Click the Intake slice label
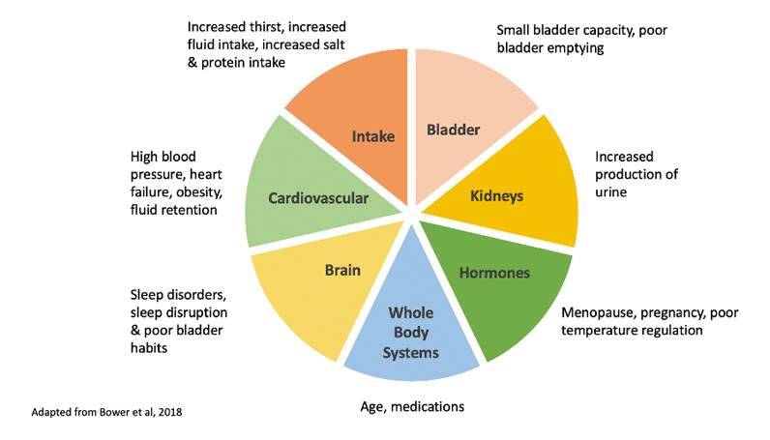click(x=372, y=136)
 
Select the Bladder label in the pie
click(x=454, y=129)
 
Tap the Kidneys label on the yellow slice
click(x=497, y=195)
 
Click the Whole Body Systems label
click(x=411, y=333)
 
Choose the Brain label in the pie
click(x=342, y=270)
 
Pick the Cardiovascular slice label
click(x=318, y=198)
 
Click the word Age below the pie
click(x=364, y=406)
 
